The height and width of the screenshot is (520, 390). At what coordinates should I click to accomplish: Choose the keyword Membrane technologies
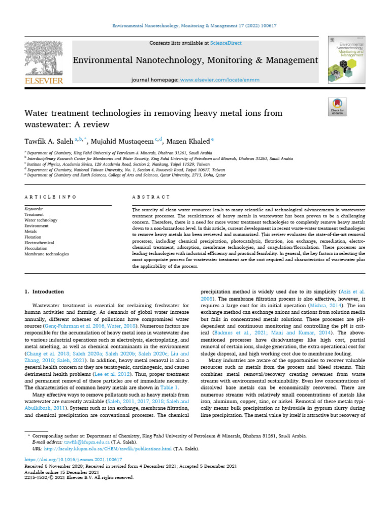click(x=46, y=254)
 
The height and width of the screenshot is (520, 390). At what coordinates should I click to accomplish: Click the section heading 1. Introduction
click(x=44, y=292)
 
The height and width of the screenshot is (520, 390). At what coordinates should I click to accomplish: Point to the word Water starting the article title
click(x=37, y=113)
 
